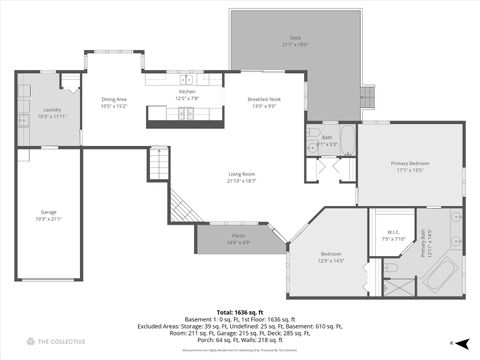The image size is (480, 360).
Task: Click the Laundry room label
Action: click(x=51, y=111)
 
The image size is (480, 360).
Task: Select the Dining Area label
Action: click(x=114, y=99)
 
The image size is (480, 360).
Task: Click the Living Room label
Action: click(x=241, y=175)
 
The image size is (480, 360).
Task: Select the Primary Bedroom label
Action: click(x=411, y=164)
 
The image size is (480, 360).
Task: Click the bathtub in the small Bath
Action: click(x=346, y=137)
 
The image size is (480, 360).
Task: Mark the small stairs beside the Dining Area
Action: click(x=158, y=160)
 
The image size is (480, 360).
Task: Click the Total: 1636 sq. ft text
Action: click(x=240, y=313)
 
